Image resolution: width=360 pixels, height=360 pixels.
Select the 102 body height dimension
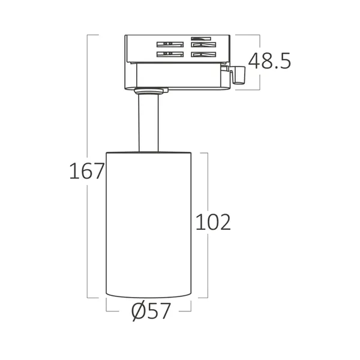coord(213,222)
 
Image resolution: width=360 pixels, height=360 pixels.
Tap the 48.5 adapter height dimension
coord(269,61)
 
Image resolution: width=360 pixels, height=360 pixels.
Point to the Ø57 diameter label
coord(151,311)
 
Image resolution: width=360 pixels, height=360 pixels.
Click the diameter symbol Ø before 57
coord(137,311)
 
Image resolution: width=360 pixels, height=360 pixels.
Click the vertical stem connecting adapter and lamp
coord(148,124)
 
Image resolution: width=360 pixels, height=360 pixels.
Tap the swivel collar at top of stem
coord(149,91)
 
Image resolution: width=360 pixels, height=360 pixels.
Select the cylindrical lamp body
coord(148,224)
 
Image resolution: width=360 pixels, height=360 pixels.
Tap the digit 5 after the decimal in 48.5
coord(284,61)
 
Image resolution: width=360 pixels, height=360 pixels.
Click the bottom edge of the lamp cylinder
coord(148,296)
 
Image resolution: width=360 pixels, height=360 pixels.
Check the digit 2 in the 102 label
coord(224,222)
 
